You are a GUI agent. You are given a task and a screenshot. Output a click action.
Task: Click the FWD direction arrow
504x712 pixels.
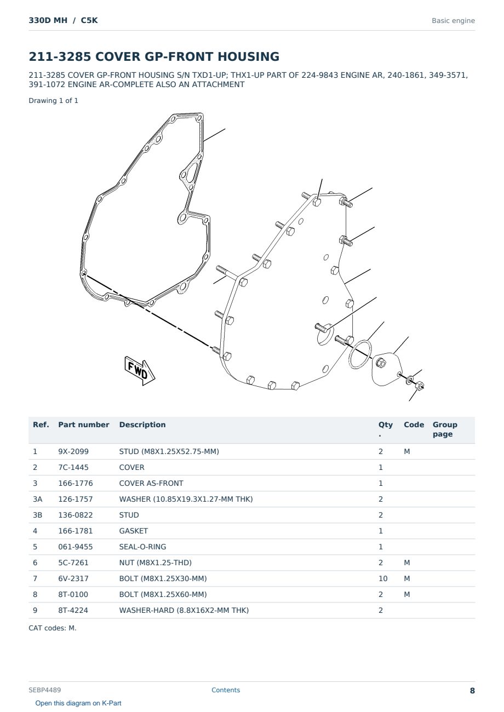(140, 370)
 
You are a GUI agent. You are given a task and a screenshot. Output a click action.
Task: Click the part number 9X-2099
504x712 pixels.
(73, 451)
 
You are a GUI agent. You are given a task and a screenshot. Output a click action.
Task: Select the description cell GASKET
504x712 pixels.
(134, 531)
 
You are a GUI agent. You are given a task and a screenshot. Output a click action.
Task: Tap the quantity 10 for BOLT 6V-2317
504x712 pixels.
(383, 578)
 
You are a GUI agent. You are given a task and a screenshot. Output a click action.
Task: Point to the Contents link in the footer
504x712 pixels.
(226, 690)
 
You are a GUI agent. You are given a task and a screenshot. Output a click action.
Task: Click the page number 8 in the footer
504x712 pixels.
(472, 691)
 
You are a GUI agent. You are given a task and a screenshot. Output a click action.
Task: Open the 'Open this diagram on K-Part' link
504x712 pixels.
(78, 703)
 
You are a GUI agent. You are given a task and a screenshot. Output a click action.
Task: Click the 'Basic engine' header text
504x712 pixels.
(453, 21)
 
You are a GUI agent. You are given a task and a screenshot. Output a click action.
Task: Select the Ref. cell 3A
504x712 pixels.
(37, 499)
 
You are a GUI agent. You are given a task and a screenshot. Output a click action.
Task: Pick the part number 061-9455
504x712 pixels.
(76, 547)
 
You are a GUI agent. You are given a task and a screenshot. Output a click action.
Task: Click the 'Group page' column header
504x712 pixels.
(445, 429)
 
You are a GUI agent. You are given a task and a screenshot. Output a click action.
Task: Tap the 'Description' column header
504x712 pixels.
(142, 424)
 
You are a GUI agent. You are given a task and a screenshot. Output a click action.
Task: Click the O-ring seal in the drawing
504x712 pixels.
(360, 354)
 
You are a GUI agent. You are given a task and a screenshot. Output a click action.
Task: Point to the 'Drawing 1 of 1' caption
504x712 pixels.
(54, 101)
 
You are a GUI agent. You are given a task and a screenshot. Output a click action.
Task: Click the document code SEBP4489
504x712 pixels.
(45, 690)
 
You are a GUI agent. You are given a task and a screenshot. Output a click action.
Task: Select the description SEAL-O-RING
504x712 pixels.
(143, 547)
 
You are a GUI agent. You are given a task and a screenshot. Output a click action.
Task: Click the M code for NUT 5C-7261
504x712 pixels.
(406, 562)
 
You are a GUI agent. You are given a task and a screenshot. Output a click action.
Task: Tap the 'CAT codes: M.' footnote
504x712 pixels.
(53, 628)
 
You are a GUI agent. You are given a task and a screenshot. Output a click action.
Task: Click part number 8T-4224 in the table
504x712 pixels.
(73, 610)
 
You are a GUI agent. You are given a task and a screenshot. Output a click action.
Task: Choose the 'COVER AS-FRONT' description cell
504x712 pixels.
(151, 483)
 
